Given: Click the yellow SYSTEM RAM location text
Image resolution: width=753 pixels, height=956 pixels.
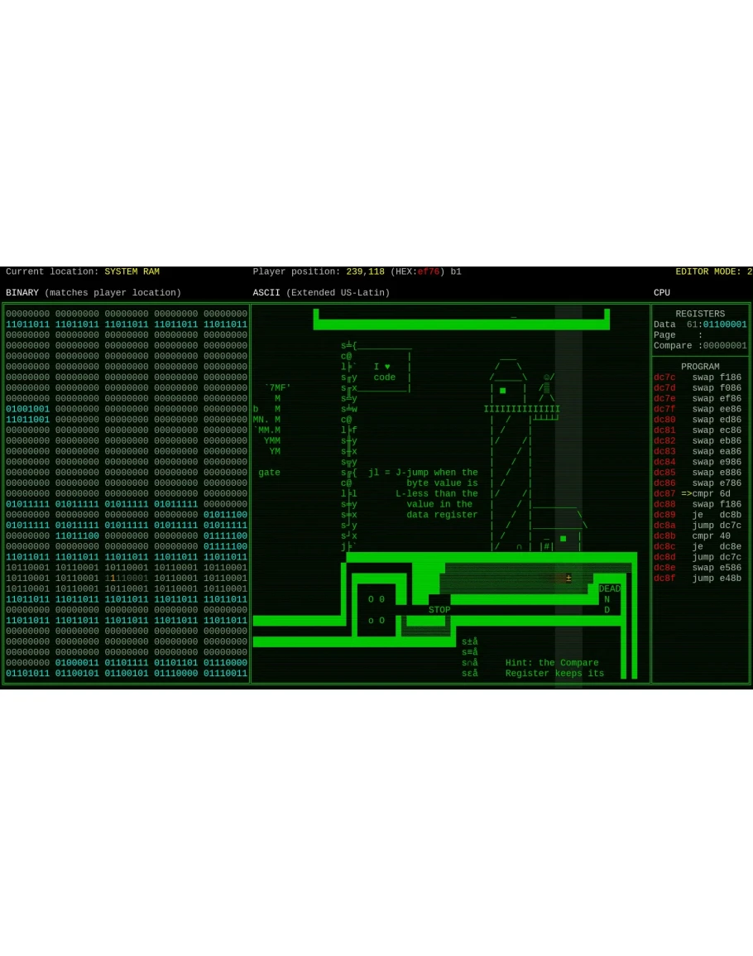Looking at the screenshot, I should click(132, 271).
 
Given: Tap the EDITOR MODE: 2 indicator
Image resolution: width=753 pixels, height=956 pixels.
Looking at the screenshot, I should click(713, 271).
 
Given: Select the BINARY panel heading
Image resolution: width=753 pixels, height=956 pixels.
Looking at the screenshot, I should click(22, 293).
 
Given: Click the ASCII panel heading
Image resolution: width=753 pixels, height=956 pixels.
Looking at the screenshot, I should click(269, 293).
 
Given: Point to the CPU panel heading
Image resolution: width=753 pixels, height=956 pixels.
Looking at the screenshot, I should click(662, 293).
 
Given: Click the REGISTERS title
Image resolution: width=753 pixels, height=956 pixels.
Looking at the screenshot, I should click(700, 314).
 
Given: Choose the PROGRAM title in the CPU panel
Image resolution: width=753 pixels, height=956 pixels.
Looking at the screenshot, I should click(700, 367).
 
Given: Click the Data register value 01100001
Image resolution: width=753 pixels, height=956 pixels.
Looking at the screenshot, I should click(725, 324).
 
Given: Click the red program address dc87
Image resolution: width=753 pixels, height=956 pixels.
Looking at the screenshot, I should click(664, 493).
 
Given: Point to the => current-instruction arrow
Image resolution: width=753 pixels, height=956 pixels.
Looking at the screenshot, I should click(687, 493).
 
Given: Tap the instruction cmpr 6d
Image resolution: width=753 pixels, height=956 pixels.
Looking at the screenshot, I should click(712, 493).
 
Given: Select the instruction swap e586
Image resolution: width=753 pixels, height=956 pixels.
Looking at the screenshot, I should click(717, 568).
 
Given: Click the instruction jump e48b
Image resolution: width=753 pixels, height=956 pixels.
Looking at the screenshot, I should click(717, 579).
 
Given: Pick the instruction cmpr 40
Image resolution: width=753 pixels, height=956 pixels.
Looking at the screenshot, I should click(712, 536).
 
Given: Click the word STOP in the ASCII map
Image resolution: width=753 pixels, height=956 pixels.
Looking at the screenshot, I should click(439, 610).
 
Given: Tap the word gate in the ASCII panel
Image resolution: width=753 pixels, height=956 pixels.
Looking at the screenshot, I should click(269, 473).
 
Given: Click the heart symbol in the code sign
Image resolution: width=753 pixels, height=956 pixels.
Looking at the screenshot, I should click(387, 367).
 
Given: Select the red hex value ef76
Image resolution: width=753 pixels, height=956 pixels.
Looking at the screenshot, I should click(429, 271).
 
